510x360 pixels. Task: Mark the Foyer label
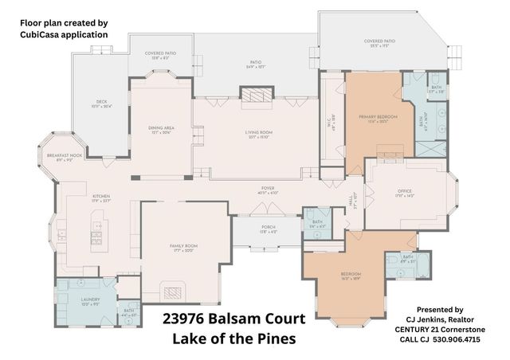click(x=267, y=190)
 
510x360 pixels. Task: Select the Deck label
click(x=100, y=103)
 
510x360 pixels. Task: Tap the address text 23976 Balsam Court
click(x=233, y=319)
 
